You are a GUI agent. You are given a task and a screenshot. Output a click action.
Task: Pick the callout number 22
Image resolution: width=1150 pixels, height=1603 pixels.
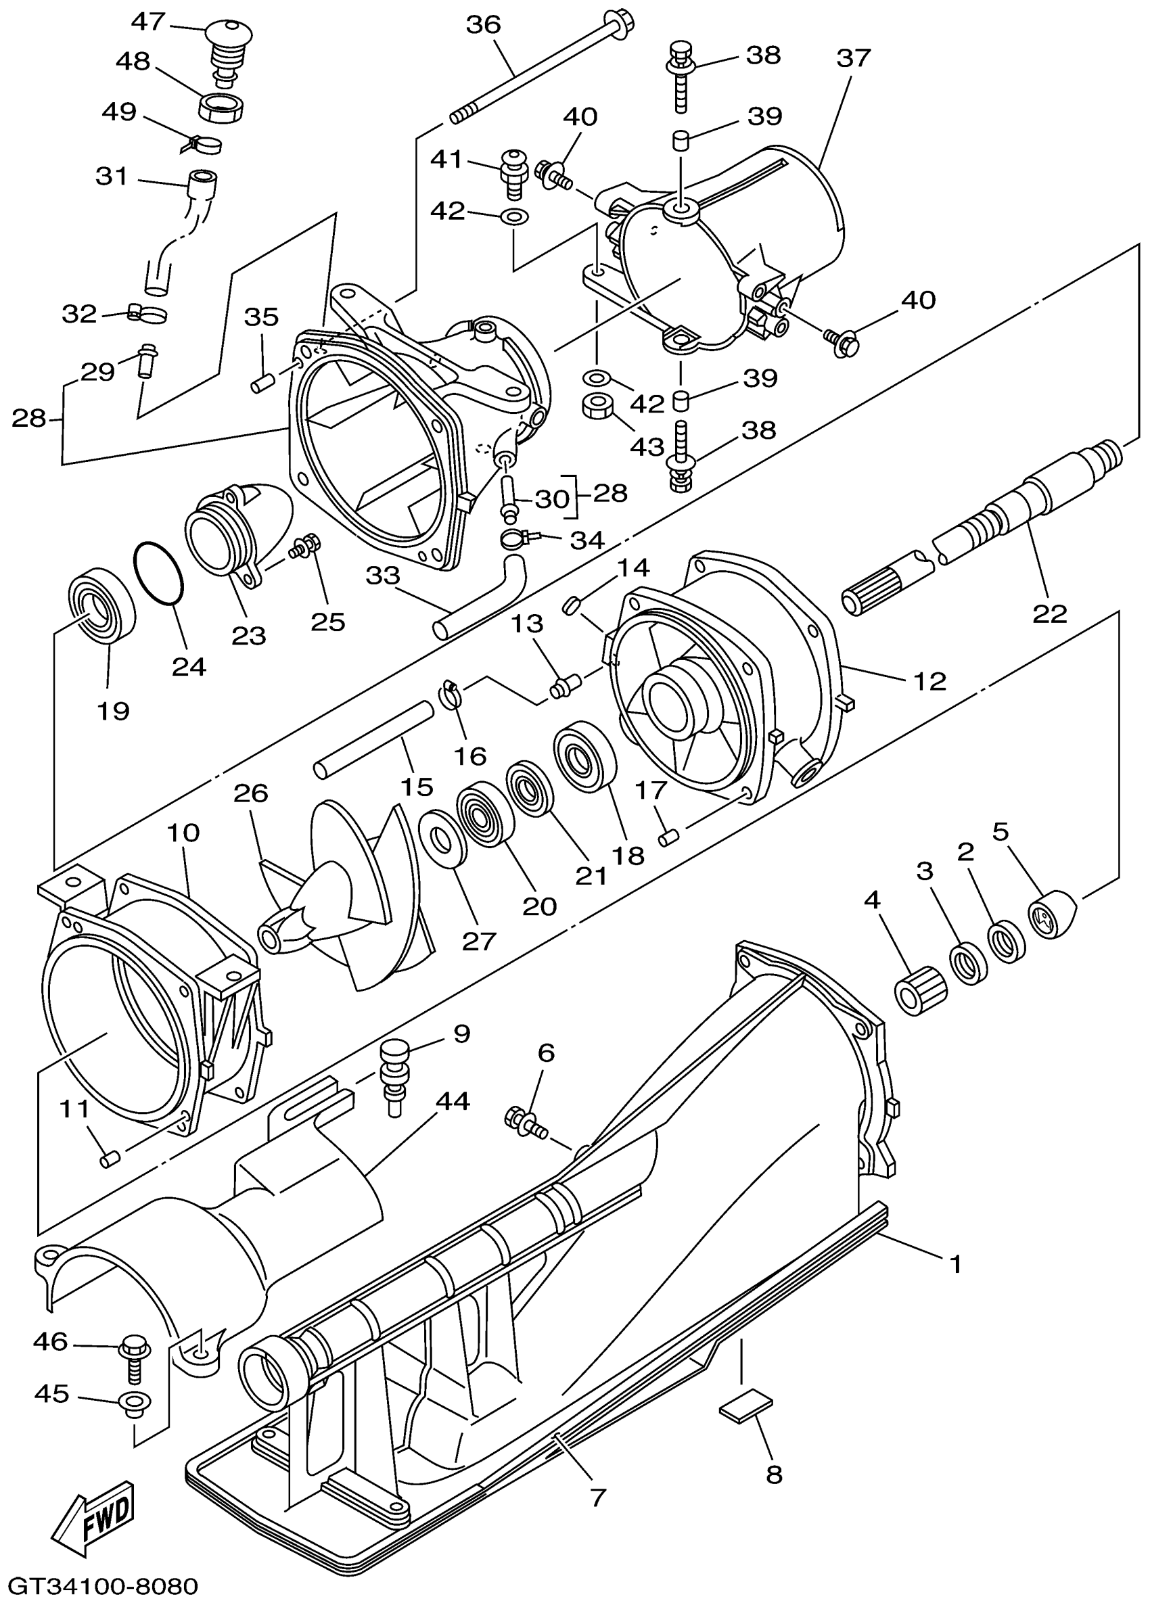pos(1049,613)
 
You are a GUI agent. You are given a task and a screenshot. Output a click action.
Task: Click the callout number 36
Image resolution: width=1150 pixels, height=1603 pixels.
pos(484,25)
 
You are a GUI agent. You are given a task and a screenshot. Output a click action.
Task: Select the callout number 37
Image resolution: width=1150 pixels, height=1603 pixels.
pos(854,58)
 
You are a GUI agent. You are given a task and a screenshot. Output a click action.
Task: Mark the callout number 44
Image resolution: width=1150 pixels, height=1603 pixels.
pos(453,1101)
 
